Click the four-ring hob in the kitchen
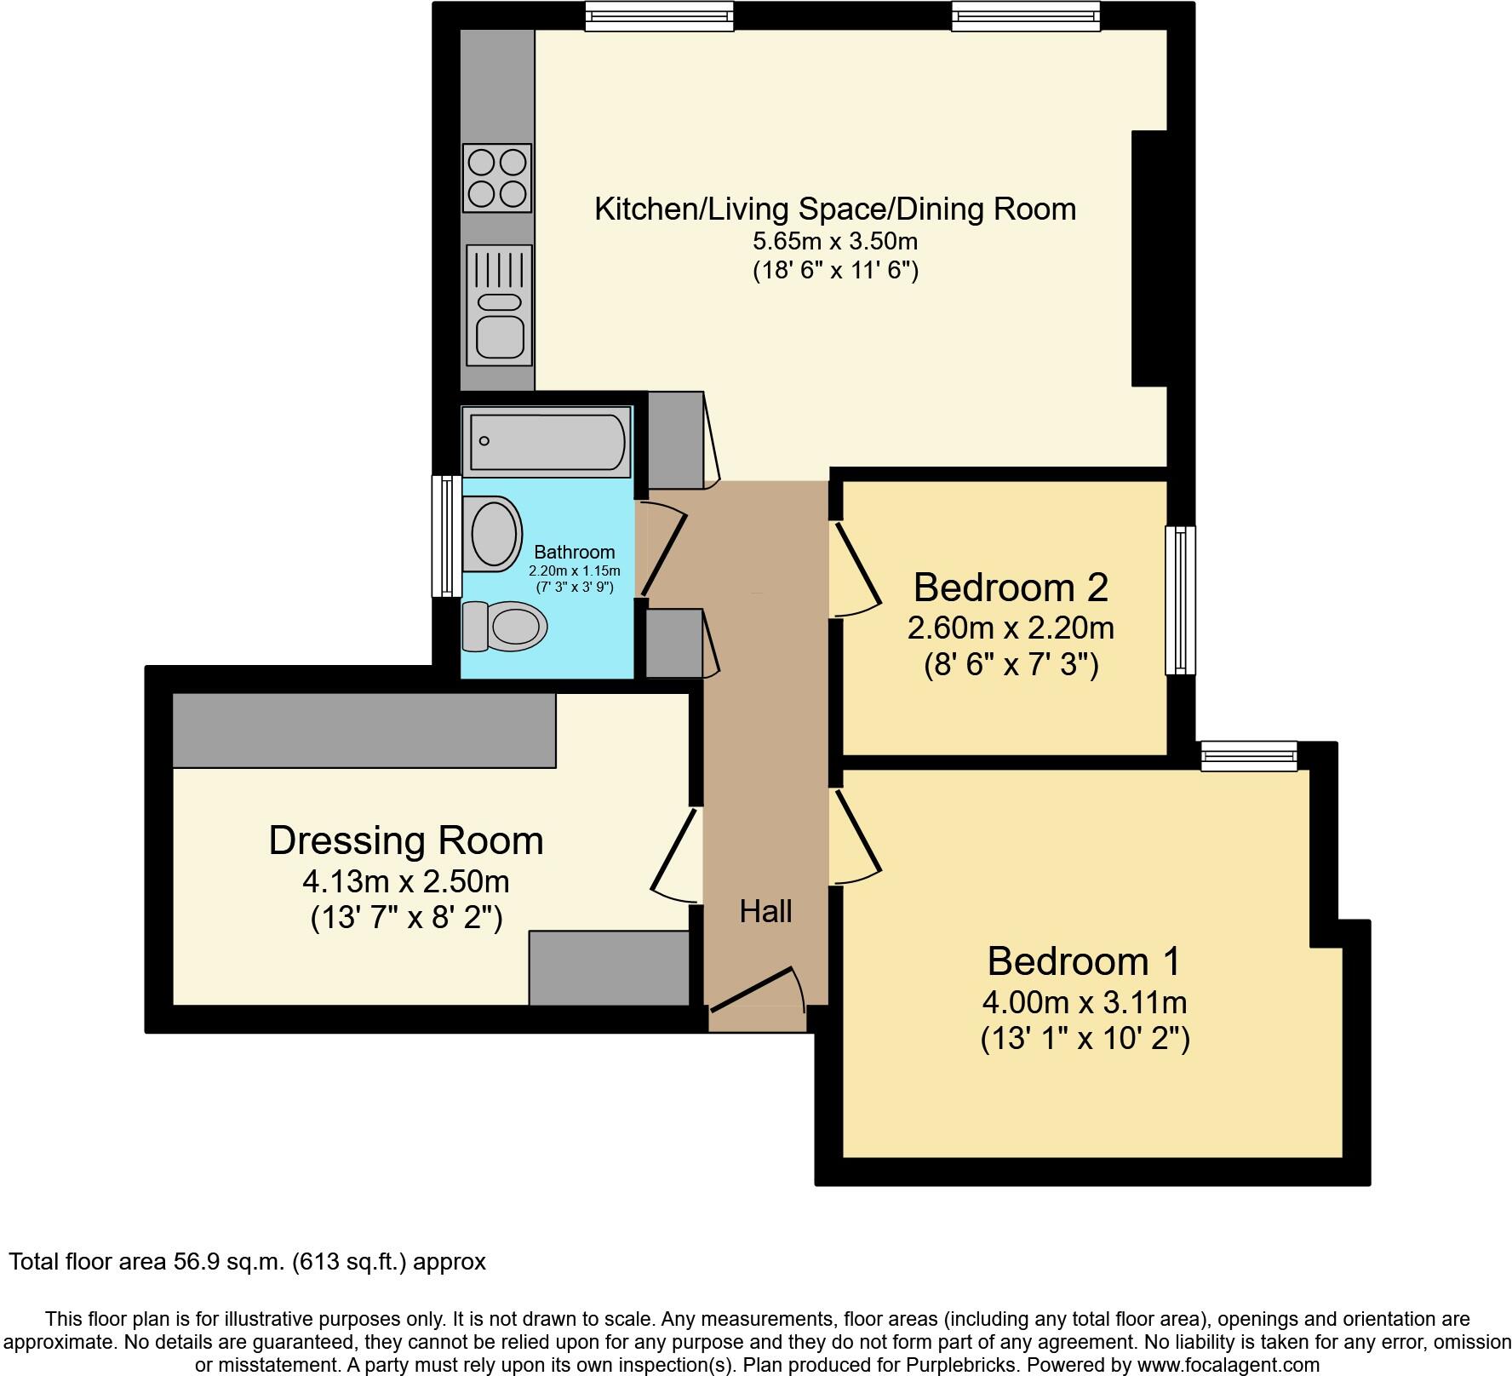point(497,177)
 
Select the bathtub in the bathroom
point(547,441)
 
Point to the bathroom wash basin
point(493,534)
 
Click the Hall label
point(765,912)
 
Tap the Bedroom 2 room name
point(1011,588)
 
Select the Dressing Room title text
point(406,840)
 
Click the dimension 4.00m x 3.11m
point(1085,1003)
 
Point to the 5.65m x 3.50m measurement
point(835,241)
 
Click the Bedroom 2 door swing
point(856,569)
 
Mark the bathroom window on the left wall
point(446,536)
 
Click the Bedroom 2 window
point(1180,600)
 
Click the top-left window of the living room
point(659,15)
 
